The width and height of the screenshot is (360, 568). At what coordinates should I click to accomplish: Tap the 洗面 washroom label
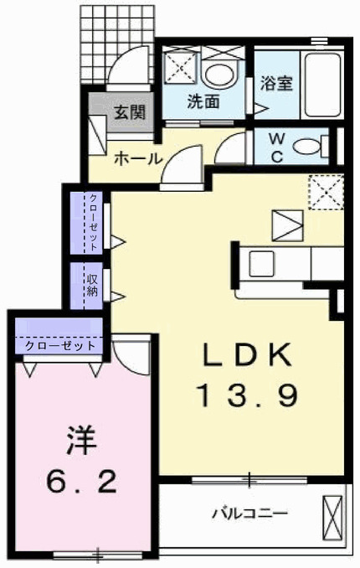click(203, 103)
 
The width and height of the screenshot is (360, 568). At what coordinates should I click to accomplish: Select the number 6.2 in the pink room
click(81, 480)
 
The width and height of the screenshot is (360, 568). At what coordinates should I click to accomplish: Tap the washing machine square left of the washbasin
click(178, 66)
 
